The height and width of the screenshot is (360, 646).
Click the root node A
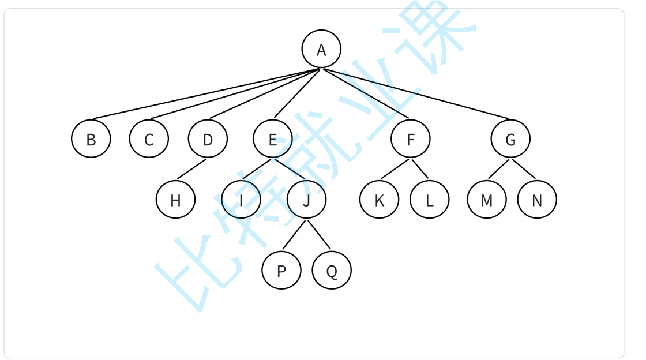(321, 49)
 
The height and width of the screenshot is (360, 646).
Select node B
(91, 138)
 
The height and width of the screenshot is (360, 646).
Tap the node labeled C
(149, 138)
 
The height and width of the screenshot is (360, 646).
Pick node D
(208, 138)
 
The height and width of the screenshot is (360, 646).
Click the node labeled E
(272, 138)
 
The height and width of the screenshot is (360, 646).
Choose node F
(410, 138)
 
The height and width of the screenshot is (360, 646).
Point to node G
(510, 138)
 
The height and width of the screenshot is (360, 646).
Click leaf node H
(175, 200)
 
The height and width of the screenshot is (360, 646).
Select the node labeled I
(241, 200)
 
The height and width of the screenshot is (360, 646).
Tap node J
(306, 200)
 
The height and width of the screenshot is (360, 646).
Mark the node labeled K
(379, 200)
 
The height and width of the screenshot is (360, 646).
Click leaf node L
(429, 200)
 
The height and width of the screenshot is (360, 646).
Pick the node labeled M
(487, 200)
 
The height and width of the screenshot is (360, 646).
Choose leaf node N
(537, 200)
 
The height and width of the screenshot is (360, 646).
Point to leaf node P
(281, 270)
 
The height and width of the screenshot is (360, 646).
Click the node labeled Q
(332, 270)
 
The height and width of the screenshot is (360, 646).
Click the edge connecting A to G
(415, 93)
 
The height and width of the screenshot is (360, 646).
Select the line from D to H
(191, 168)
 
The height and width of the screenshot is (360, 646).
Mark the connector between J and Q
(319, 235)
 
